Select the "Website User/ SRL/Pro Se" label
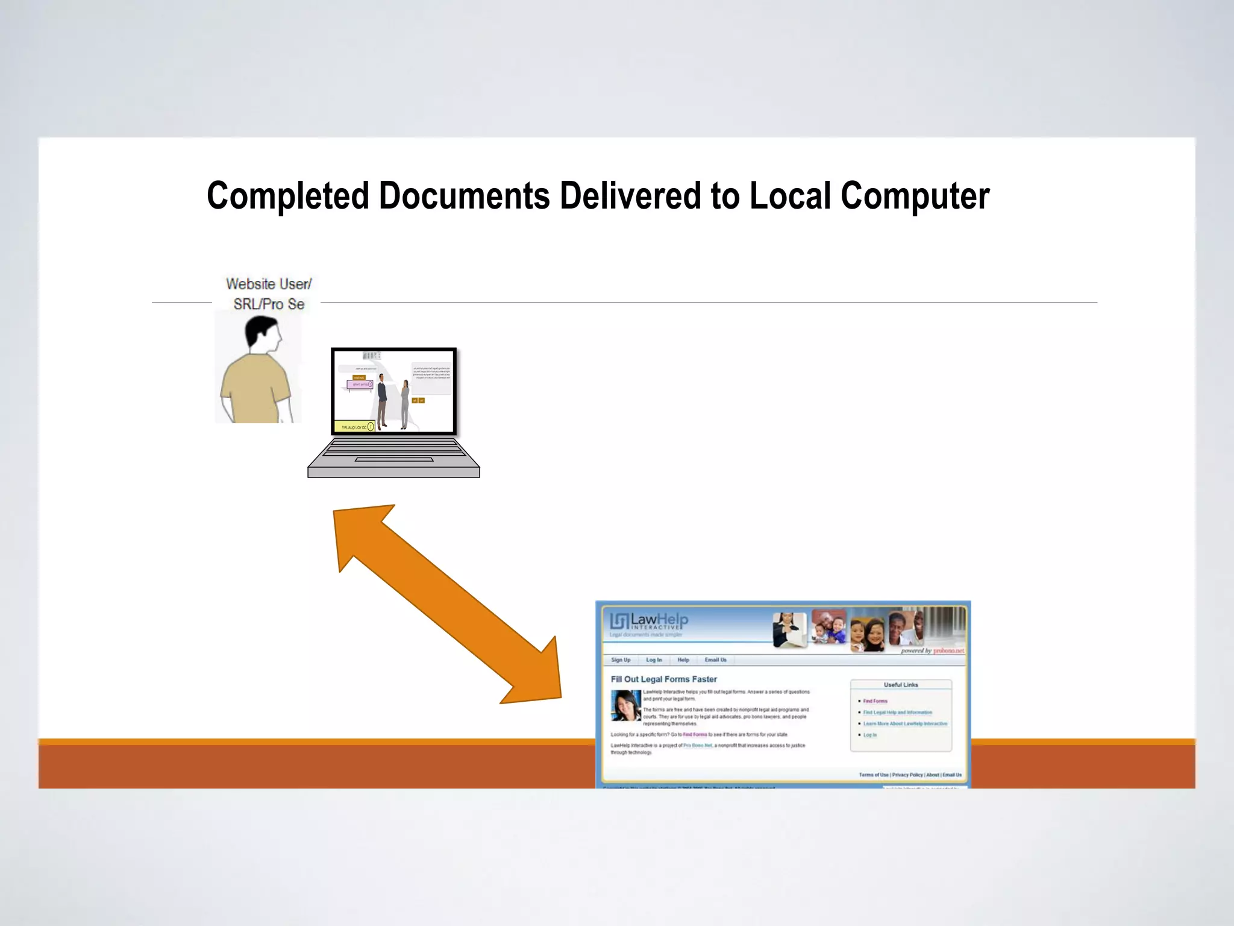tap(269, 294)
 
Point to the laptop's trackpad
tap(394, 459)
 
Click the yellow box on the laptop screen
tap(354, 427)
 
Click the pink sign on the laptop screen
tap(360, 384)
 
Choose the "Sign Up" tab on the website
tap(621, 660)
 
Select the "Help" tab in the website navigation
tap(683, 660)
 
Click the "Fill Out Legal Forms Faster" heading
tap(663, 679)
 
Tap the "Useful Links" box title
tap(901, 685)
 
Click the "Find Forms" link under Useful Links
tap(875, 701)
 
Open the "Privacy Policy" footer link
tap(907, 775)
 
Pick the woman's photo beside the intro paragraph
tap(626, 705)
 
